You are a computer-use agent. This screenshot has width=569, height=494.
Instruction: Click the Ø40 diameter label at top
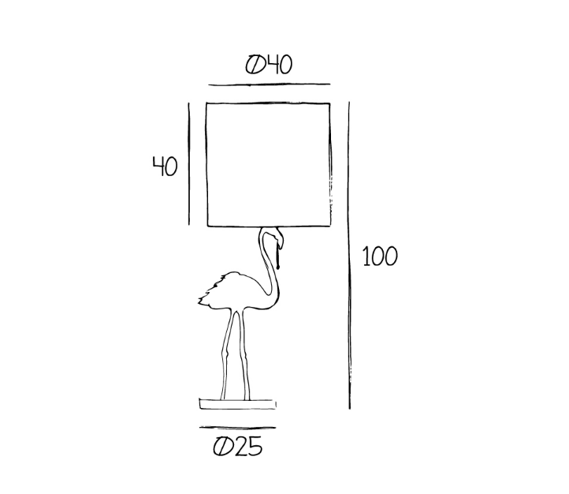coord(269,65)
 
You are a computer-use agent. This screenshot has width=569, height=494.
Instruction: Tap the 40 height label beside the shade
coord(165,166)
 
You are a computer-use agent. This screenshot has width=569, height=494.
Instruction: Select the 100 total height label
coord(380,256)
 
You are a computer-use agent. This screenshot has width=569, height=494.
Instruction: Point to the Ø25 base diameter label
coord(237,447)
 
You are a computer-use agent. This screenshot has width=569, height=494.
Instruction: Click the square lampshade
coord(268,164)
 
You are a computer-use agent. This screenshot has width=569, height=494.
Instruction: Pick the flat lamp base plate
coord(238,404)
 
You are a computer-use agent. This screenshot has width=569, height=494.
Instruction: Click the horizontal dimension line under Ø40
coord(269,83)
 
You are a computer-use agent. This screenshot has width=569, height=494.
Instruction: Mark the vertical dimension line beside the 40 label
coord(190,163)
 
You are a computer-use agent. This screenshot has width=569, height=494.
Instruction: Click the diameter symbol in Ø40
coord(254,65)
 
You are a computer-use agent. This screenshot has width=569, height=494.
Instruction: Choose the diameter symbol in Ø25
coord(222,447)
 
